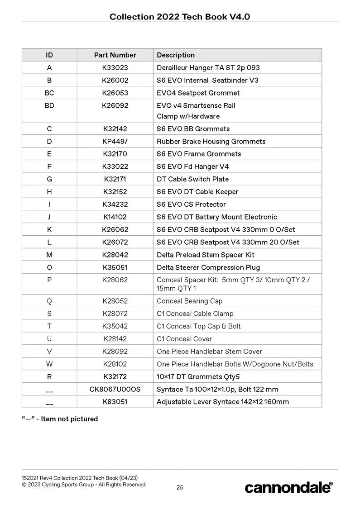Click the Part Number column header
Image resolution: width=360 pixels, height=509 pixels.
click(x=115, y=55)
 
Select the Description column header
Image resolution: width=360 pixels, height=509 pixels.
click(x=176, y=55)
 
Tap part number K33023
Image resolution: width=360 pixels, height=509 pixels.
click(x=115, y=68)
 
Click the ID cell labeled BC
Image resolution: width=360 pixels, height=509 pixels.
click(x=49, y=93)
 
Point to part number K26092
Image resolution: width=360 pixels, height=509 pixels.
click(x=115, y=106)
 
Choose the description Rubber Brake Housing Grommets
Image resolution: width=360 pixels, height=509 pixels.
click(x=211, y=142)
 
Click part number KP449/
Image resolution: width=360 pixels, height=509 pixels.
click(x=115, y=142)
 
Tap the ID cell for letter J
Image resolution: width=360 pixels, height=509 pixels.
click(x=49, y=217)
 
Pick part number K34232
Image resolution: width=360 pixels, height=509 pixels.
click(x=115, y=205)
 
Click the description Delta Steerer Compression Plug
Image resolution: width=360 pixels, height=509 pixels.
click(x=208, y=267)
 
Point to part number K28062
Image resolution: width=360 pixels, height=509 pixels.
click(x=115, y=280)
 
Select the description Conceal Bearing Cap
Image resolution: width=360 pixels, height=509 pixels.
click(x=189, y=301)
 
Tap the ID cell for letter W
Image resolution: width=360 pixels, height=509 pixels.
click(x=49, y=364)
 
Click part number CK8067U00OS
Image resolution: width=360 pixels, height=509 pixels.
click(x=115, y=390)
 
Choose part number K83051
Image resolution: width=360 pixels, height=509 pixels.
click(x=115, y=402)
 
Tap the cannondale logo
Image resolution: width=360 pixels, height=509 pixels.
click(x=288, y=487)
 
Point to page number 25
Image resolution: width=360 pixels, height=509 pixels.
click(x=180, y=487)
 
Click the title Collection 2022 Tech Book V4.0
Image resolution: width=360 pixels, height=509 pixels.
click(x=180, y=17)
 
